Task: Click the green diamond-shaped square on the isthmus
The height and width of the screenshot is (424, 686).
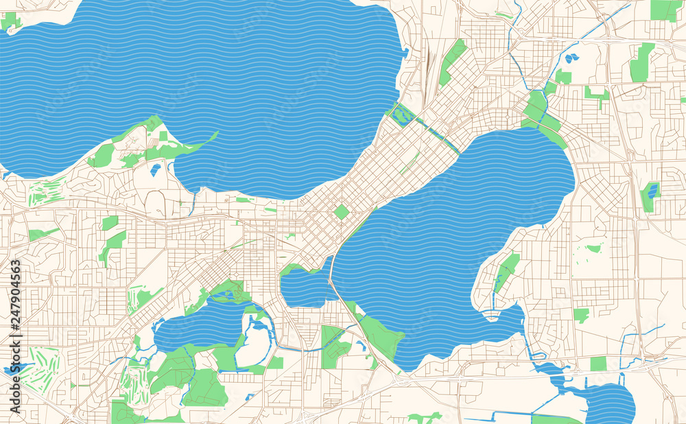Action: [x=341, y=212]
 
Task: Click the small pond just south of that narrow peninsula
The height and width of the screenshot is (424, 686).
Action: [x=156, y=169]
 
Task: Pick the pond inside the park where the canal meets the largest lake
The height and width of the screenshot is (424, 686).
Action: [x=403, y=116]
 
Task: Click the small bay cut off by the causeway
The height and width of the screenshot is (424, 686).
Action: [x=305, y=288]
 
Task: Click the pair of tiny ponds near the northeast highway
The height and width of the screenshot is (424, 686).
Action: [x=571, y=58]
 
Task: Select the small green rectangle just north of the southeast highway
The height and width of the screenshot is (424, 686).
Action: [x=598, y=364]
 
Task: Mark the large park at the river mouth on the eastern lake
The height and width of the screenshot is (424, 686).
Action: [x=539, y=113]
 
